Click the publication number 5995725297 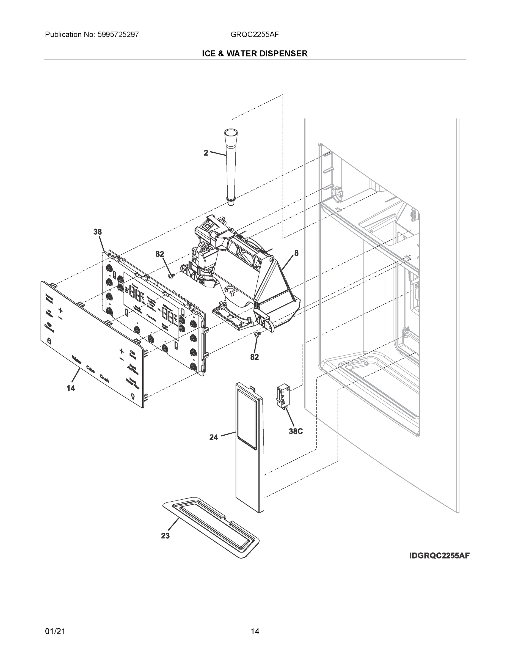[x=118, y=34]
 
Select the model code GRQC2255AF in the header [x=254, y=34]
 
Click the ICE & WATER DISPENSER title [x=255, y=54]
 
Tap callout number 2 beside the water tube [x=206, y=153]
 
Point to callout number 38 [x=98, y=232]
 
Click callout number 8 [x=296, y=253]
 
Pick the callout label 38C [x=296, y=431]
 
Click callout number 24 [x=214, y=437]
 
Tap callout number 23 [x=165, y=535]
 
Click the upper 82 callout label [x=160, y=254]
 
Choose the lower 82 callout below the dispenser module [x=254, y=357]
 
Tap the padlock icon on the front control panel [x=49, y=341]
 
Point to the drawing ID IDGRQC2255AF [x=439, y=555]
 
